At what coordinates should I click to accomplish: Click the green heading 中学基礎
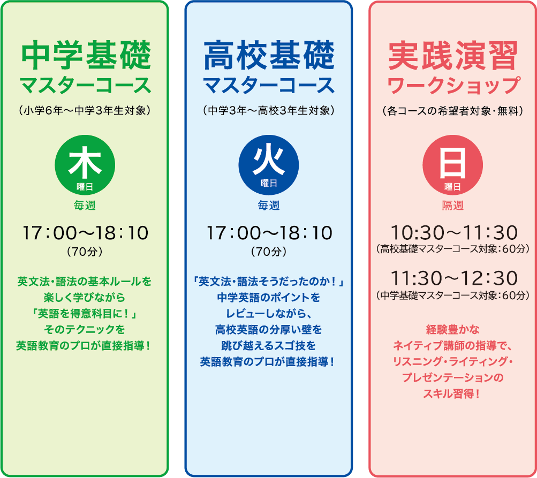pos(85,56)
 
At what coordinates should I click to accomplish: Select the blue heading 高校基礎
pos(269,56)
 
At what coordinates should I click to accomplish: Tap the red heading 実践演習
pos(452,56)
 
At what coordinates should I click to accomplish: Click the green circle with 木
pos(85,165)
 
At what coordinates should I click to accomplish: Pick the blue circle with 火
pos(269,165)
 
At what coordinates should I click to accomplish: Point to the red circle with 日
pos(452,165)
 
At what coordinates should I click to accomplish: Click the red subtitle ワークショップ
pos(452,85)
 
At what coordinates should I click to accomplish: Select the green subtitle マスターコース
pos(85,85)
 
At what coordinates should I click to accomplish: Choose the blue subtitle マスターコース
pos(269,85)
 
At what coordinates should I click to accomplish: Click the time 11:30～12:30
pos(453,278)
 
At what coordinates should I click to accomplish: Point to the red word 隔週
pos(452,206)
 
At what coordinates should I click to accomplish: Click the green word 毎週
pos(85,206)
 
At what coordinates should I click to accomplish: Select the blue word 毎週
pos(269,206)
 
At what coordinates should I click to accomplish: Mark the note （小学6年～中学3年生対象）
pos(85,111)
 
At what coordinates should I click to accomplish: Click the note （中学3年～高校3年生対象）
pos(269,111)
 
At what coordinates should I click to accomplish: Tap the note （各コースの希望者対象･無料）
pos(452,111)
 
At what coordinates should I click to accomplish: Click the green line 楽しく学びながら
pos(85,297)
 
